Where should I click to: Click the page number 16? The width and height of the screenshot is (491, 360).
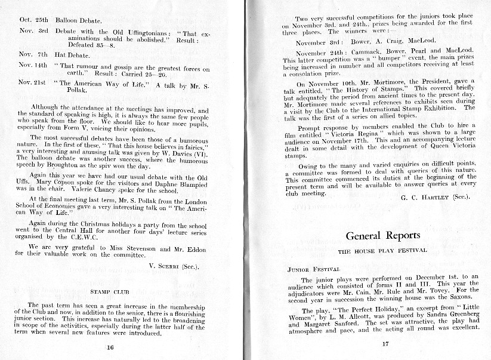click(110, 346)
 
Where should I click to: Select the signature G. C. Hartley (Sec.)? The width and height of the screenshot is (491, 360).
click(446, 196)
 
